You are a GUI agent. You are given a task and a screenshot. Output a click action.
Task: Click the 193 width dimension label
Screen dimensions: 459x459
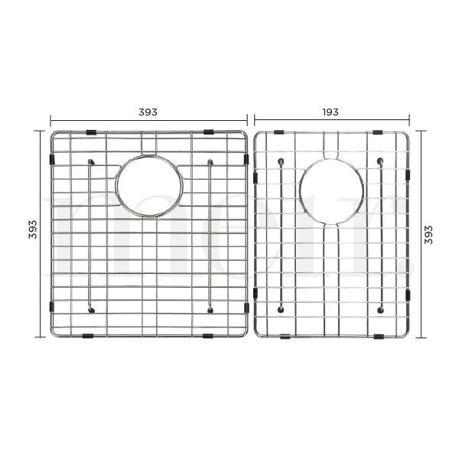click(x=330, y=112)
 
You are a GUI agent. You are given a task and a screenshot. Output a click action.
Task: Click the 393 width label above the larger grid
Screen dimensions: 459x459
click(x=148, y=112)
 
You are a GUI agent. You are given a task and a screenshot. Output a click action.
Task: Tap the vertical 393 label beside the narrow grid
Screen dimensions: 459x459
click(x=428, y=235)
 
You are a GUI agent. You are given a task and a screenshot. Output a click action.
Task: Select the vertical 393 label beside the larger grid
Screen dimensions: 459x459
click(x=33, y=235)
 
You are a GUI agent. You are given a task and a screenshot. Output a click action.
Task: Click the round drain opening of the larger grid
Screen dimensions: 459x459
click(x=150, y=187)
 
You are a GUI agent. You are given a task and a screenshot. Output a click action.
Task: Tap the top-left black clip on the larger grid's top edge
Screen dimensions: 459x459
click(x=91, y=133)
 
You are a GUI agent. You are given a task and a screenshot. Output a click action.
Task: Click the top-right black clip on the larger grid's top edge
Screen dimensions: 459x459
click(x=208, y=133)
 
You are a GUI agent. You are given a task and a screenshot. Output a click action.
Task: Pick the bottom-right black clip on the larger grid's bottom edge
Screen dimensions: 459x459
click(x=208, y=336)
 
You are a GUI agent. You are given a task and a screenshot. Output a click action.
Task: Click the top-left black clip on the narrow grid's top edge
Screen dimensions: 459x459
click(x=280, y=132)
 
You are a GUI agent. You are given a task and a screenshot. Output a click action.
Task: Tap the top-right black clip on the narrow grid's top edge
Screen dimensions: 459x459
click(x=379, y=132)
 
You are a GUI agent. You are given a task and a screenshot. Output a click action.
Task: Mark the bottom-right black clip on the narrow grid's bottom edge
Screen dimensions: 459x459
click(x=379, y=337)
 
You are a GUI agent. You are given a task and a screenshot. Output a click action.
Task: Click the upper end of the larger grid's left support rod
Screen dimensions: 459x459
click(x=91, y=162)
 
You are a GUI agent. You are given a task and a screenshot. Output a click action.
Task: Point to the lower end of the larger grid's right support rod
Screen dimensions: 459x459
click(x=209, y=309)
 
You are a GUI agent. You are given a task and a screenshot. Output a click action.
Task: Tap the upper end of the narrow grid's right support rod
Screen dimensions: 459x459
click(x=380, y=161)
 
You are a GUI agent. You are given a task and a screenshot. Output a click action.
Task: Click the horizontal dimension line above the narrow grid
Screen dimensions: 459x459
click(x=331, y=120)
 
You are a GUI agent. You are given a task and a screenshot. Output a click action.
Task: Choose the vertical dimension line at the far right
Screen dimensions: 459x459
click(x=418, y=234)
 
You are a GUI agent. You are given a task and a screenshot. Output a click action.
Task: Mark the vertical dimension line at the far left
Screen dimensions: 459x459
click(x=41, y=234)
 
